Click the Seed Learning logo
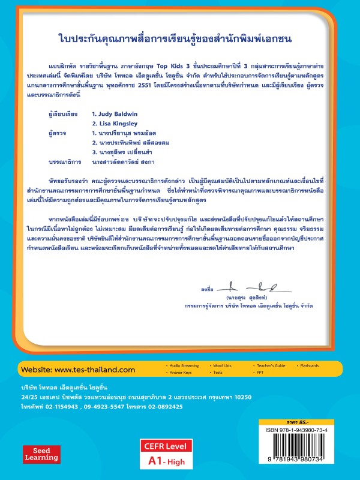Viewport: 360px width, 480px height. [41, 454]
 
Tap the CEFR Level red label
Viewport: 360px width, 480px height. [165, 446]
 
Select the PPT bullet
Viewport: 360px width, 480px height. [257, 372]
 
